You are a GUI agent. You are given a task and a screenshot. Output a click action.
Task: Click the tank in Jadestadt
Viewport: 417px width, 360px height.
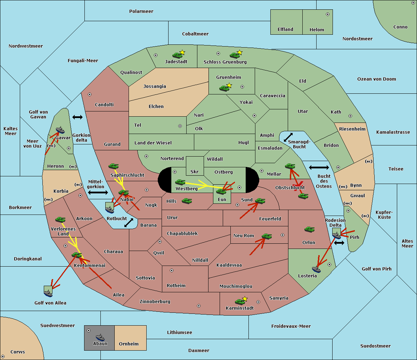coord(177,55)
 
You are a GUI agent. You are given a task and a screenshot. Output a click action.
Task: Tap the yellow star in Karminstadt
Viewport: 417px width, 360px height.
coord(245,299)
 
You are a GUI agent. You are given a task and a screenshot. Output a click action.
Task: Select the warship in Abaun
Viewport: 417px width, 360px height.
coord(100,337)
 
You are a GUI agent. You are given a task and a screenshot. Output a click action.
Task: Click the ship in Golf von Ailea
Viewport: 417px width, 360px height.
coord(48,293)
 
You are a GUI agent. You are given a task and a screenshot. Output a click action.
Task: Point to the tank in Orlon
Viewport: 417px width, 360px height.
coord(310,229)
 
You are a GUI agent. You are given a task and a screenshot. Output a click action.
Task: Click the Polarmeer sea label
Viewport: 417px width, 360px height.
coord(141,11)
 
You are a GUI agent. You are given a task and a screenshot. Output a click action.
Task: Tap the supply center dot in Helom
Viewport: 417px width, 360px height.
coord(328,14)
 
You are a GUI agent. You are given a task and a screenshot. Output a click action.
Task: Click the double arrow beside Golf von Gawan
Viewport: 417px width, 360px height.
coord(77,117)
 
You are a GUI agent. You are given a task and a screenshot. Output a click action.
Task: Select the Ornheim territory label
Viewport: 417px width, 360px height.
coord(129,344)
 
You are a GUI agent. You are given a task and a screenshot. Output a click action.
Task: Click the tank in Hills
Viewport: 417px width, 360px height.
coord(187,201)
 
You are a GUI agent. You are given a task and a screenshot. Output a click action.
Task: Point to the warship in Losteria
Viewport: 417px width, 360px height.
coord(316,269)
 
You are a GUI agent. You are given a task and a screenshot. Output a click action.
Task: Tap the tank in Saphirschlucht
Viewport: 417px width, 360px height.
coord(113,166)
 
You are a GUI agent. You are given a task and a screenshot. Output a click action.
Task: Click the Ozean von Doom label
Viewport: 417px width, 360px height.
coord(377,79)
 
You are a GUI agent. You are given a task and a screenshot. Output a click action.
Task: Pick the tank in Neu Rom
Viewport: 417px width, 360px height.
coord(267,236)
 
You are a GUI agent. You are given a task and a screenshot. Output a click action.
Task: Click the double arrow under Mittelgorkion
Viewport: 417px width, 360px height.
coord(98,193)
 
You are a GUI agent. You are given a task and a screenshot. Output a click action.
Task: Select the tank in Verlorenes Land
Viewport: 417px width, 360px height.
coord(60,219)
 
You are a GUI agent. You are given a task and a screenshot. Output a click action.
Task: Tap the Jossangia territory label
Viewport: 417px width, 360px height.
coord(155,86)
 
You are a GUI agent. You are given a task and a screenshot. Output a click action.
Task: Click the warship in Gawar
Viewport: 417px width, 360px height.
coord(60,130)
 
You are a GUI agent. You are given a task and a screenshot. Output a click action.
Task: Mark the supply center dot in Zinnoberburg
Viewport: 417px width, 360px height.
coord(199,306)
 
